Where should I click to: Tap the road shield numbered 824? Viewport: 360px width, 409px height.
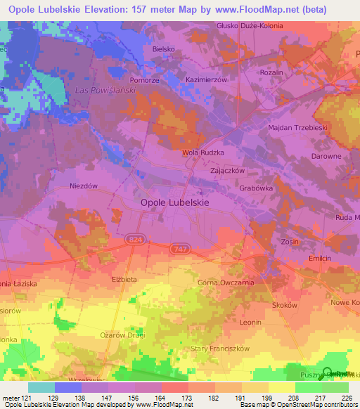[135, 240]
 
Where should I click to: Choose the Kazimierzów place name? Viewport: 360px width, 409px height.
[206, 80]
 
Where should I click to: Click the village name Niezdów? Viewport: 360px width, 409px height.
[83, 186]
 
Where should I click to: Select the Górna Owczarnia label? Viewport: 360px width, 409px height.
[225, 283]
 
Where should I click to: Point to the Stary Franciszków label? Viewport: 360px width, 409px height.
[221, 349]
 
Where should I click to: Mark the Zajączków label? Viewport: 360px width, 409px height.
[227, 171]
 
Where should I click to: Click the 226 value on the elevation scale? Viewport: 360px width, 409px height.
[345, 397]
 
